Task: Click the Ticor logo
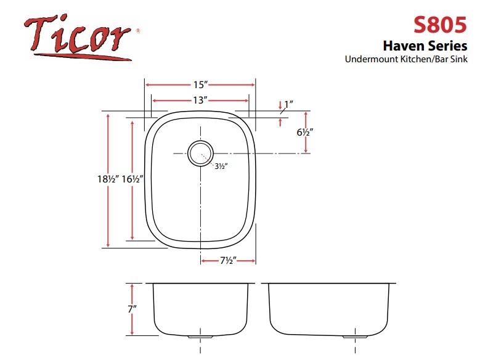pos(81,37)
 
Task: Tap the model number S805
pos(440,25)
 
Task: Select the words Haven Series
pos(425,46)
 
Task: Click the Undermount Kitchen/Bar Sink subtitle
pos(406,59)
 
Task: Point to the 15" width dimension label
pos(200,84)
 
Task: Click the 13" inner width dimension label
pos(200,100)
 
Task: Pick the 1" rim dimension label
pos(288,104)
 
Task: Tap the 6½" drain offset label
pos(304,133)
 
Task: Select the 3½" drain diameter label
pos(221,166)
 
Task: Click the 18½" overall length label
pos(108,179)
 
